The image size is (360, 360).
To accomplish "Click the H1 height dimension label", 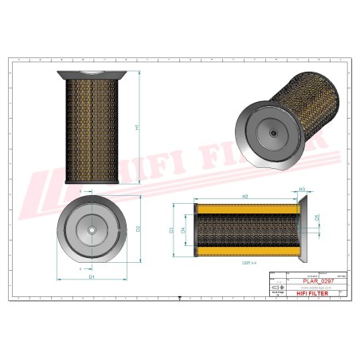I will (136, 127).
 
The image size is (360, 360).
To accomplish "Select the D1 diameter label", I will (91, 277).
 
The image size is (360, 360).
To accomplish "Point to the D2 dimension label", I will (138, 229).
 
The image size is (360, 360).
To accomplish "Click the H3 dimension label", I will (302, 190).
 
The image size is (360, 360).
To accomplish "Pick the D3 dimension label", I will (171, 230).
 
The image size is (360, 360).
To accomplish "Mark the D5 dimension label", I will (317, 217).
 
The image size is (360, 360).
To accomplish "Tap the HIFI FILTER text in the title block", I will (303, 294).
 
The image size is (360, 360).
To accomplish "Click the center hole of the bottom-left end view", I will (91, 232).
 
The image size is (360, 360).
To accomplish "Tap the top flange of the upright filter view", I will (91, 75).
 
